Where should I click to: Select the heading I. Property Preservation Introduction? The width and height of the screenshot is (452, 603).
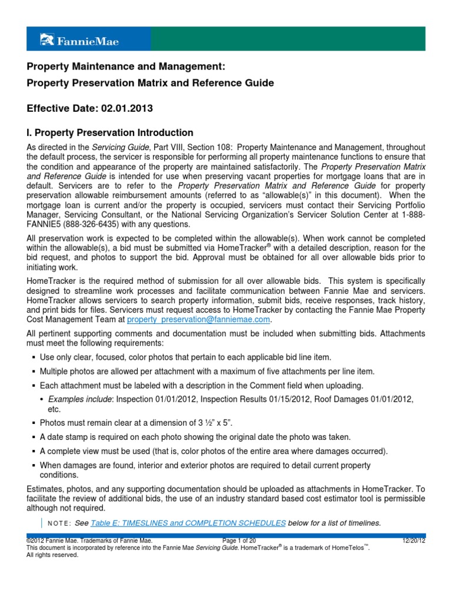(110, 132)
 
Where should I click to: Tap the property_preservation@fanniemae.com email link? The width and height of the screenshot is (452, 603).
(199, 319)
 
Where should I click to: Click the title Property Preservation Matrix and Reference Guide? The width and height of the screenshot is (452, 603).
(150, 83)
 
